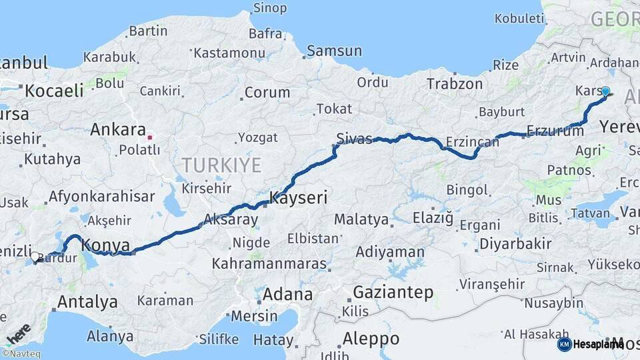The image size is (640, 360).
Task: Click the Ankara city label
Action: coord(118,129)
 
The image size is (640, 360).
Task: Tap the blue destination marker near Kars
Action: coord(605,91)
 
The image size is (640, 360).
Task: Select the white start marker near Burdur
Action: coord(35,256)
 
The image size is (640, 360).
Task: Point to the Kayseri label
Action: coord(298,197)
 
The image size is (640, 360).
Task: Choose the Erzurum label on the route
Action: coord(555,131)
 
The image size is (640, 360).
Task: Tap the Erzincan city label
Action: coord(472,142)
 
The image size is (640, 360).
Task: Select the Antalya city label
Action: coord(87,301)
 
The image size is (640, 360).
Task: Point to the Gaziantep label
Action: coord(393,292)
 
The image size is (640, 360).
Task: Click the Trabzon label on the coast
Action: coord(454,84)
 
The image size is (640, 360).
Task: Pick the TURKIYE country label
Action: coord(222,165)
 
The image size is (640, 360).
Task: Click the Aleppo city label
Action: coord(371,338)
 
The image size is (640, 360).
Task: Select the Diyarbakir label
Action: coord(515,243)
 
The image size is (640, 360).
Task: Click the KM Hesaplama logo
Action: coord(590,344)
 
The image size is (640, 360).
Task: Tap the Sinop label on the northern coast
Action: coord(269,8)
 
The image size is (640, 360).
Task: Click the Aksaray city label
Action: coord(230,219)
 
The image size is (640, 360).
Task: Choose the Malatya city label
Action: coord(361,219)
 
